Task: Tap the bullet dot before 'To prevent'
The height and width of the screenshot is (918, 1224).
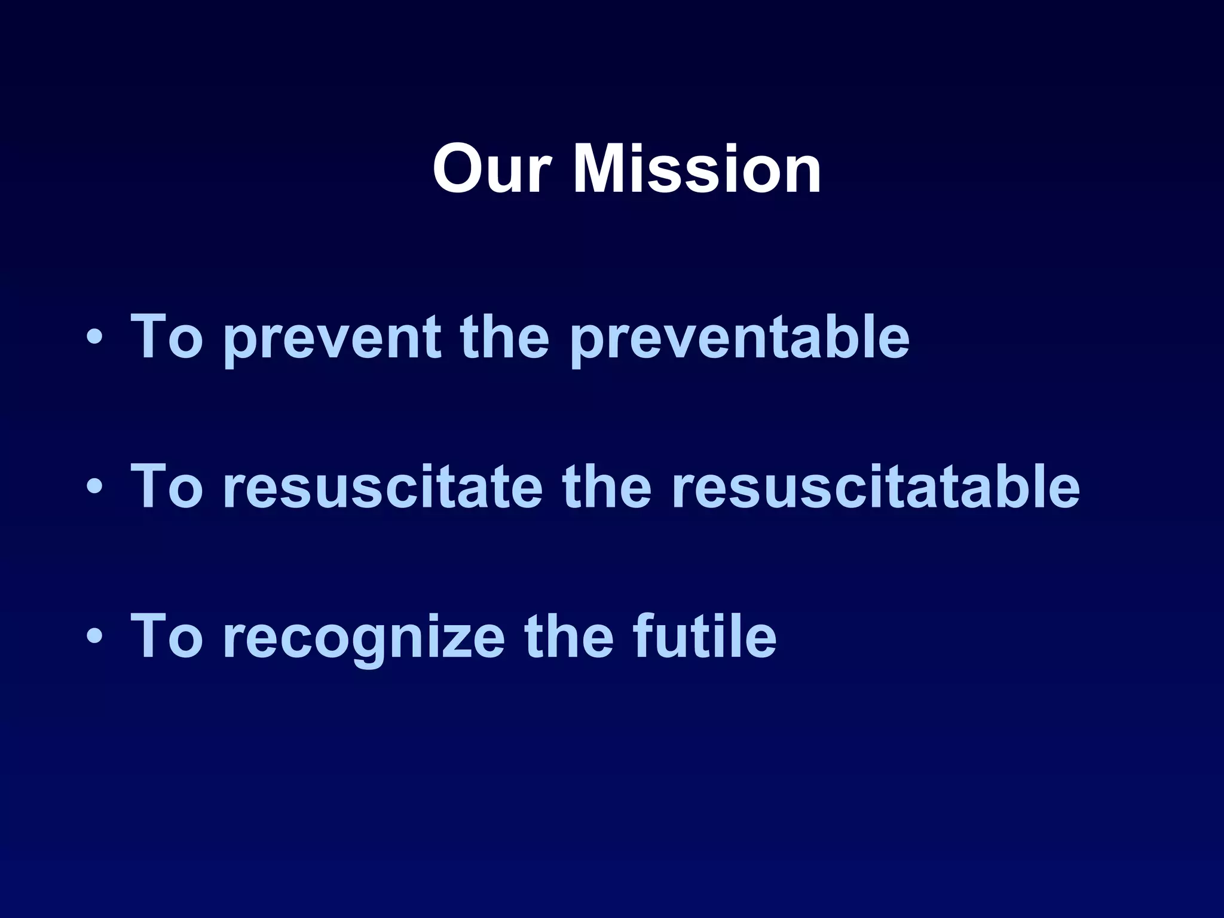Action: (94, 338)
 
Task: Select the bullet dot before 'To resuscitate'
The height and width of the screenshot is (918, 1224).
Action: (94, 488)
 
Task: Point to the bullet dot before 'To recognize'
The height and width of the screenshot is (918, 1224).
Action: (94, 637)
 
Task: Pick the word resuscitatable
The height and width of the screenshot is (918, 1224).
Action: (875, 488)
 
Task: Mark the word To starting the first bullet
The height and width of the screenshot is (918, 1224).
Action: (167, 337)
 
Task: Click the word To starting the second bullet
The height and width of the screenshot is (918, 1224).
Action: (167, 486)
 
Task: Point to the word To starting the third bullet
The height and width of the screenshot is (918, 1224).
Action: (167, 636)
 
